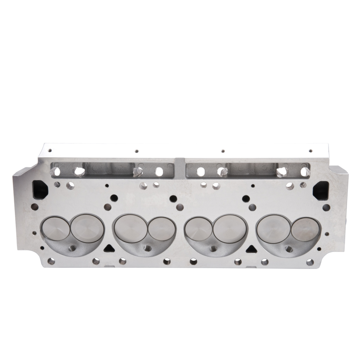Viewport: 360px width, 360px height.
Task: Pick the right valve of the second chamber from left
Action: click(161, 229)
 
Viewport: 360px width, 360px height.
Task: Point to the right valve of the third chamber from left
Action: click(229, 228)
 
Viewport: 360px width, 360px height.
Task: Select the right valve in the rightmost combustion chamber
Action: click(305, 229)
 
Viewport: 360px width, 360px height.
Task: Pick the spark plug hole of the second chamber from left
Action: click(146, 248)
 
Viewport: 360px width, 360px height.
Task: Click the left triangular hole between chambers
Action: click(108, 248)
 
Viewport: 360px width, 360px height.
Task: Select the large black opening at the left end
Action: click(40, 189)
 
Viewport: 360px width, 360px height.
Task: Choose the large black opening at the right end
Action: click(320, 190)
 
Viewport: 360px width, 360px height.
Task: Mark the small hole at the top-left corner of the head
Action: click(50, 151)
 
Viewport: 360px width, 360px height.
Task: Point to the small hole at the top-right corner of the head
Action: click(310, 151)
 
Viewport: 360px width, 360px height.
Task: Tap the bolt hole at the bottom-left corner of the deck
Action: click(51, 261)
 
